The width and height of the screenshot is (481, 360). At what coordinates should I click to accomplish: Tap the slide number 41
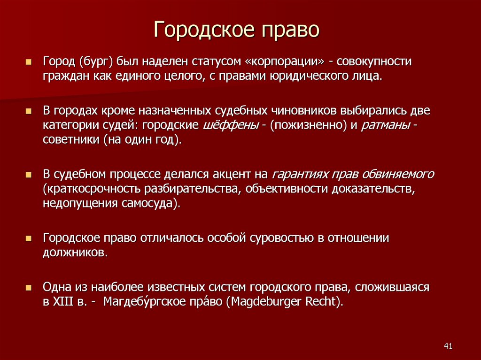448,346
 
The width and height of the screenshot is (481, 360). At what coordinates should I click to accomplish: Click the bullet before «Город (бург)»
29,62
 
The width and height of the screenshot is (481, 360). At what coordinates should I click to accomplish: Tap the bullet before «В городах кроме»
29,111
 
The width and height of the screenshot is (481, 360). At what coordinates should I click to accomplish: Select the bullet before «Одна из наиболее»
29,287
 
